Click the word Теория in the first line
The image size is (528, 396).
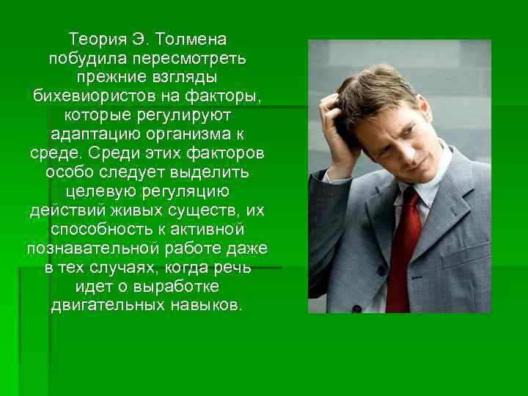(92, 37)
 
